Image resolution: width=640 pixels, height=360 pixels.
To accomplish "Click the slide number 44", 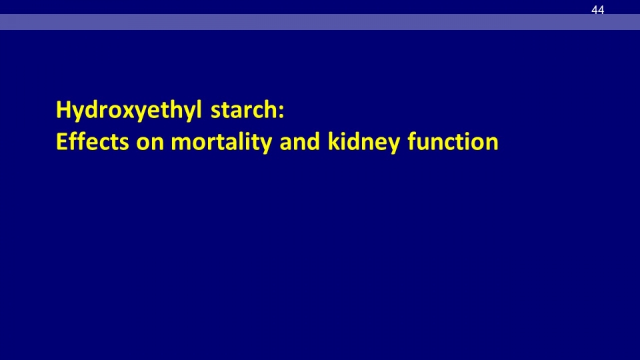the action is (597, 10).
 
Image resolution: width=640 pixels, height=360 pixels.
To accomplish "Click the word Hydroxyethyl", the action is (129, 110).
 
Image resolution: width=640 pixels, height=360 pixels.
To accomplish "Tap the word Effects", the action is (92, 141).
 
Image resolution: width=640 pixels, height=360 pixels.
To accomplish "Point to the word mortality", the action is (221, 142).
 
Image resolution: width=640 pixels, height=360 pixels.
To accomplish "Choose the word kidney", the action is (364, 142).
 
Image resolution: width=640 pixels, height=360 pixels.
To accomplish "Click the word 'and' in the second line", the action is (300, 141).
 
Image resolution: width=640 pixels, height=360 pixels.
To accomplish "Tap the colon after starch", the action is (281, 112).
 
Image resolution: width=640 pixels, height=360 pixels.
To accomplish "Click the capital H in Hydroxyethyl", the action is (64, 110).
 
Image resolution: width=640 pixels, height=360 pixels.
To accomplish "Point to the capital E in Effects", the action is (61, 141).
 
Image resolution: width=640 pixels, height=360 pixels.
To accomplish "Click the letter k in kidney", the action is (334, 141).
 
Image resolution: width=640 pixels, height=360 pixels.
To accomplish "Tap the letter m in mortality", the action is (181, 144).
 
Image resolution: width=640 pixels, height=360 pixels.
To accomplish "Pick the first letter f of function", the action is (413, 141).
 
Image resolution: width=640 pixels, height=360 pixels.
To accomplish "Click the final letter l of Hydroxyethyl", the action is (199, 109).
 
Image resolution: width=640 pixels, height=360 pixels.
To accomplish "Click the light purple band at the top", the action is (320, 22).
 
